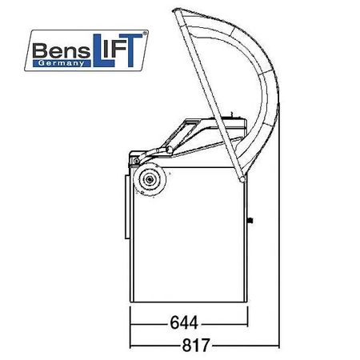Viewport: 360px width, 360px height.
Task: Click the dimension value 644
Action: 184,322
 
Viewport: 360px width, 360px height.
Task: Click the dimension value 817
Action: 196,346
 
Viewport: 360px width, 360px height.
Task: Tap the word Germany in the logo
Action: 62,63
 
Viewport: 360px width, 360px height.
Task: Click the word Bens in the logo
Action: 62,50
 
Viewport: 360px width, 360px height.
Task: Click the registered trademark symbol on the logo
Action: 145,34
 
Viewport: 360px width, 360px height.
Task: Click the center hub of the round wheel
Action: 150,179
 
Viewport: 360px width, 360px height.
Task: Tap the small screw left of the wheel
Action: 136,161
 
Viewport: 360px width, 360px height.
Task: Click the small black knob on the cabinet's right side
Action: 250,221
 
